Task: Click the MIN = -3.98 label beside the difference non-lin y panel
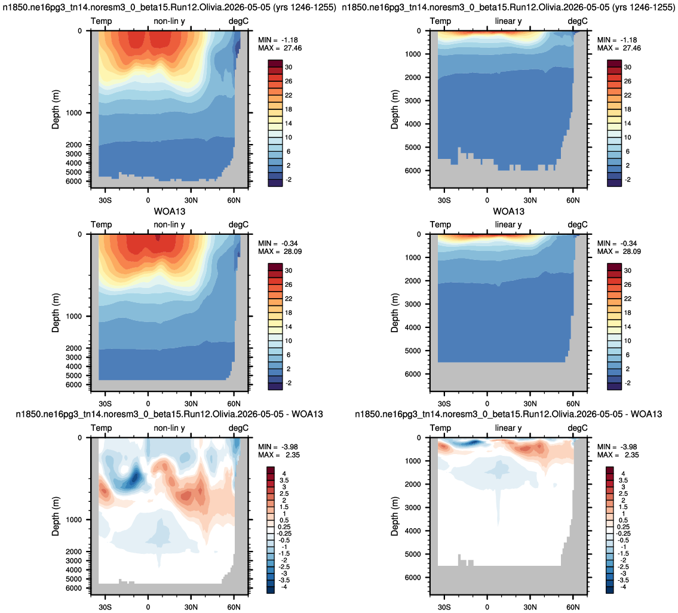[278, 447]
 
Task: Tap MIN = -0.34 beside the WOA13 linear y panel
[617, 244]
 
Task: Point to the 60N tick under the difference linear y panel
[573, 607]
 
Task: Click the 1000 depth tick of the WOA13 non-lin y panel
[73, 316]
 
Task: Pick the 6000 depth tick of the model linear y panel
[413, 170]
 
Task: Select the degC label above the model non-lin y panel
[239, 21]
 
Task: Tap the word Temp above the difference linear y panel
[441, 428]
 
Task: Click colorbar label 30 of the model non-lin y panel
[289, 67]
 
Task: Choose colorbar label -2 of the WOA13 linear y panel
[627, 383]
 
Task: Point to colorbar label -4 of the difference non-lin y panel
[283, 587]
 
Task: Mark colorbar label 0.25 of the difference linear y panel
[623, 527]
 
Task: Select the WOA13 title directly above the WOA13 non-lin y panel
[170, 212]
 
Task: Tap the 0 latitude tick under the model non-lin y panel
[148, 200]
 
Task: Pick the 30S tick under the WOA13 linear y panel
[444, 404]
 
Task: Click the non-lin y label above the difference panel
[169, 428]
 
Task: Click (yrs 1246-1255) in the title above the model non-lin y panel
[307, 7]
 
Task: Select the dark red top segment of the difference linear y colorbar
[610, 471]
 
